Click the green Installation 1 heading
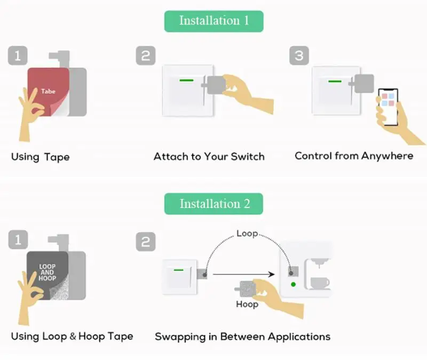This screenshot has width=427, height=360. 213,21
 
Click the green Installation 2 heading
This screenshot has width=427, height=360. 213,204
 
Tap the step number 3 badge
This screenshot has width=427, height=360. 299,55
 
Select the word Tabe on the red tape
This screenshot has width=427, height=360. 48,91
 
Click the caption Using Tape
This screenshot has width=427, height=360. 41,157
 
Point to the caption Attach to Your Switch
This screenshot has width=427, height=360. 209,156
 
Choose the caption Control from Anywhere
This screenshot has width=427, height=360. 354,156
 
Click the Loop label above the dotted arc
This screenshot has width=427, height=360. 247,234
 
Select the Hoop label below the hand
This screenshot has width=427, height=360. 247,304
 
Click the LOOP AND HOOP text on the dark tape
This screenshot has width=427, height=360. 47,272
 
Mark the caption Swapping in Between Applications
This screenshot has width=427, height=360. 242,337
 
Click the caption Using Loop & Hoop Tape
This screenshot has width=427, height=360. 72,336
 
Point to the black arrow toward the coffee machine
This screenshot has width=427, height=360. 243,275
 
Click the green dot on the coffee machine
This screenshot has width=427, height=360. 293,285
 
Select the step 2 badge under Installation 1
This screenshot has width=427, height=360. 146,55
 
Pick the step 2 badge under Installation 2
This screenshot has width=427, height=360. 146,242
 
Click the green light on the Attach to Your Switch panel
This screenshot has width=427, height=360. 187,81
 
